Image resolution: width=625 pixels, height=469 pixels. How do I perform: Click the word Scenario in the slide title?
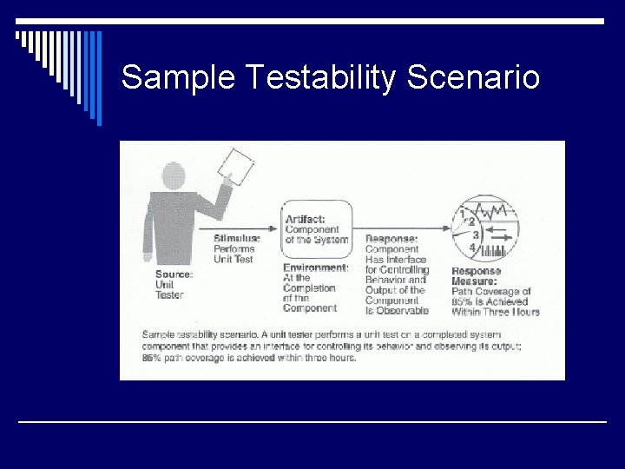[473, 78]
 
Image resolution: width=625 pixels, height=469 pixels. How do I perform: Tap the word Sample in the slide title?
[178, 78]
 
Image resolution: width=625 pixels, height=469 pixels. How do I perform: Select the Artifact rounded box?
[316, 228]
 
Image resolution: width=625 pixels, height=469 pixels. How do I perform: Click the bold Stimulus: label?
[236, 238]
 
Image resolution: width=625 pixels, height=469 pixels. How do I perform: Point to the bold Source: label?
[174, 274]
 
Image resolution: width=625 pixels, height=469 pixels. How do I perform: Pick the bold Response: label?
[391, 238]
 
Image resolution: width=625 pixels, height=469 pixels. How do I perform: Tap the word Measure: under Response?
[474, 281]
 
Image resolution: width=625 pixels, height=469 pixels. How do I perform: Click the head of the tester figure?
[174, 175]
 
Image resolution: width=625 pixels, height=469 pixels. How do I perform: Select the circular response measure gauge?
[486, 228]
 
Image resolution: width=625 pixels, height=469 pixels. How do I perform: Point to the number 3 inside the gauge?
[476, 234]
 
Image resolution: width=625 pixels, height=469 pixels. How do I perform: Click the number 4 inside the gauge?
[472, 248]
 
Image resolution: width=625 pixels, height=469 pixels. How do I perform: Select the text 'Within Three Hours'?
[495, 312]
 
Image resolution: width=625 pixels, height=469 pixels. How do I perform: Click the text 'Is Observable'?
[397, 310]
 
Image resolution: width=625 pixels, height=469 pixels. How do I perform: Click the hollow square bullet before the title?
[19, 36]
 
